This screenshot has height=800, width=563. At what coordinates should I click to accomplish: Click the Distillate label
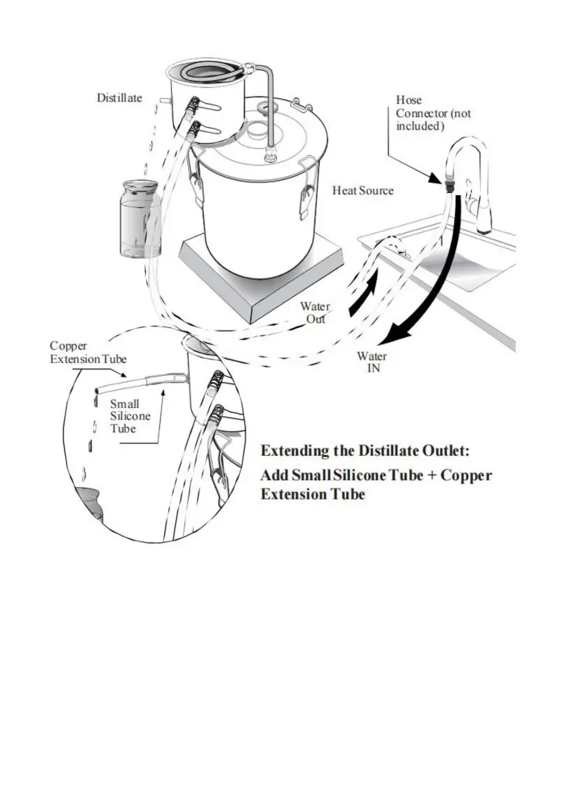pyautogui.click(x=120, y=98)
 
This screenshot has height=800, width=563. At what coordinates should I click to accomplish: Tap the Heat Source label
pyautogui.click(x=363, y=191)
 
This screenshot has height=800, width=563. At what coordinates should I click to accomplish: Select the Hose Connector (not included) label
pyautogui.click(x=433, y=113)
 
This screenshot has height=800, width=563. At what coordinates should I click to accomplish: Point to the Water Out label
pyautogui.click(x=315, y=313)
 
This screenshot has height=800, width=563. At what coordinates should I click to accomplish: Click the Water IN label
pyautogui.click(x=372, y=362)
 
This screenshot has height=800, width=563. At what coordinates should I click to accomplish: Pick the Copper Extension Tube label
pyautogui.click(x=88, y=353)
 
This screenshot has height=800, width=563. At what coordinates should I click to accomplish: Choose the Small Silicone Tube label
pyautogui.click(x=130, y=417)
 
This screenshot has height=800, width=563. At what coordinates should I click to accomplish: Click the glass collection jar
pyautogui.click(x=139, y=219)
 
